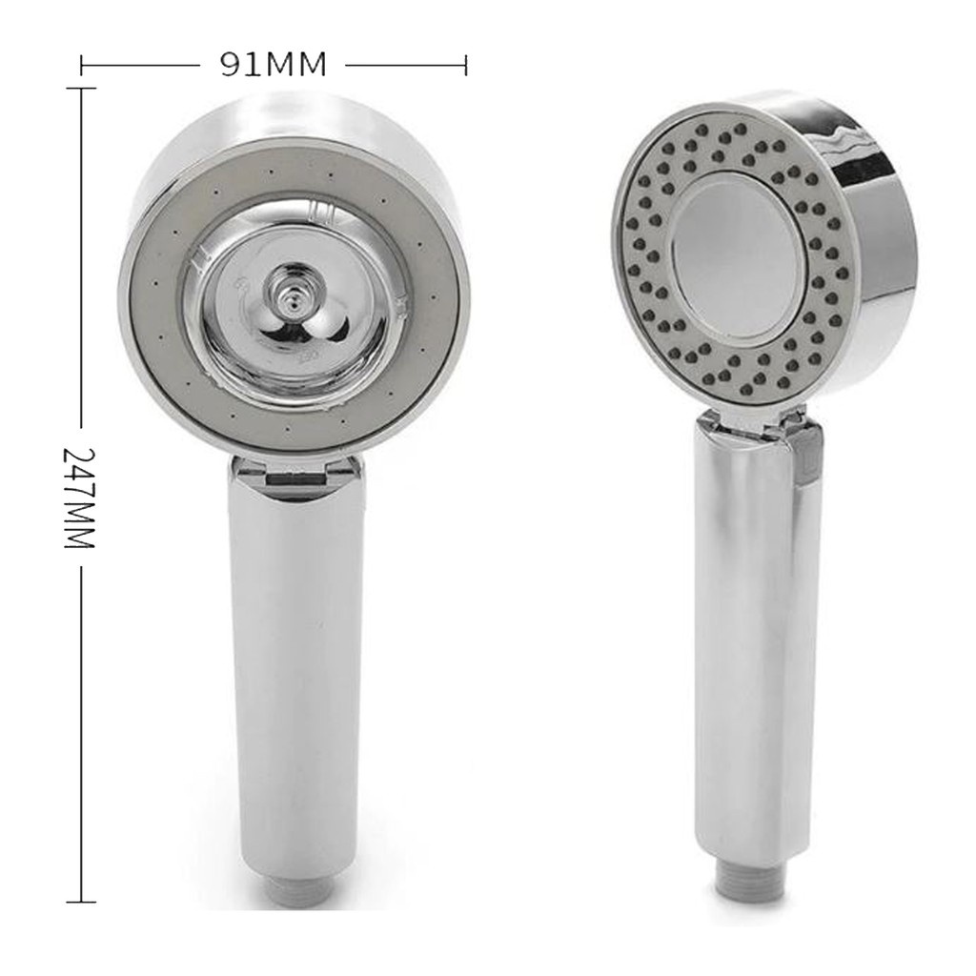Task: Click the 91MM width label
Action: pos(274,65)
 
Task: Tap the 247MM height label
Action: pos(79,496)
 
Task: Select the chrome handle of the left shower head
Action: pos(295,667)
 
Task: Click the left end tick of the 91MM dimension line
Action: pos(84,65)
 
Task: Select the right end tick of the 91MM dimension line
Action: pos(465,65)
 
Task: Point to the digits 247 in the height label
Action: pos(79,475)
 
